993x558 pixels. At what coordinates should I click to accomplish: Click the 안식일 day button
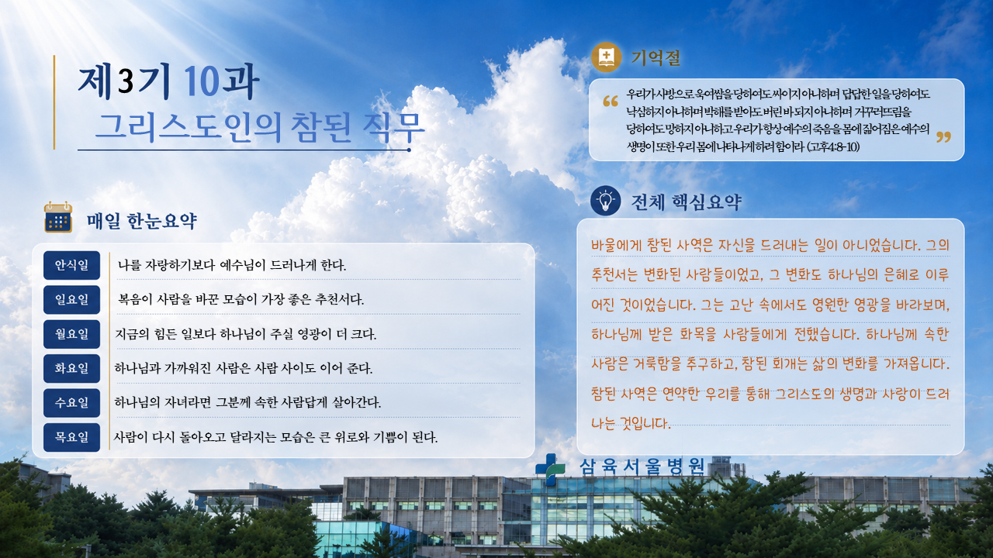[71, 265]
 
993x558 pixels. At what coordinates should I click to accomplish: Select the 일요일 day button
[71, 300]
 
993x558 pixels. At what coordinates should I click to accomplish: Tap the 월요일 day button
[71, 334]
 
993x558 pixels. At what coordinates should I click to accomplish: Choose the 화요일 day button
[71, 368]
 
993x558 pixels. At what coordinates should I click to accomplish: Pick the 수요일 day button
[71, 402]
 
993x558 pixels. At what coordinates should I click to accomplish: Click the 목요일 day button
[71, 437]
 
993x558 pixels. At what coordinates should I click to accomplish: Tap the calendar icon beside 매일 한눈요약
[58, 217]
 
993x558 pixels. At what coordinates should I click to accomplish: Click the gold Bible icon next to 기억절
[606, 57]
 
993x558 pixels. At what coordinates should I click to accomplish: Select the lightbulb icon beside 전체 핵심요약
[606, 201]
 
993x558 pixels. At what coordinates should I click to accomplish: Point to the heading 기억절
[656, 58]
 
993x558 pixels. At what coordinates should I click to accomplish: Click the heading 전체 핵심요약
[687, 202]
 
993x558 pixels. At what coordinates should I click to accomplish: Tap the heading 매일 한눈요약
[141, 221]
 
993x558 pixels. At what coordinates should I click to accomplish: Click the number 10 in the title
[201, 81]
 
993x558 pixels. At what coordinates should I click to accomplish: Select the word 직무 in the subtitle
[393, 128]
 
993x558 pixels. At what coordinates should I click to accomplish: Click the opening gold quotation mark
[611, 102]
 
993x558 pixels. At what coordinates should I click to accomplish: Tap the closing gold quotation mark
[944, 137]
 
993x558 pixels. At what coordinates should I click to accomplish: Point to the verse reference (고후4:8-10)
[833, 146]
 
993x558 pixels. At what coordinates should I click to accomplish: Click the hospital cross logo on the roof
[550, 470]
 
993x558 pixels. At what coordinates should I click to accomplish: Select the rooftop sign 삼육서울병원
[642, 467]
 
